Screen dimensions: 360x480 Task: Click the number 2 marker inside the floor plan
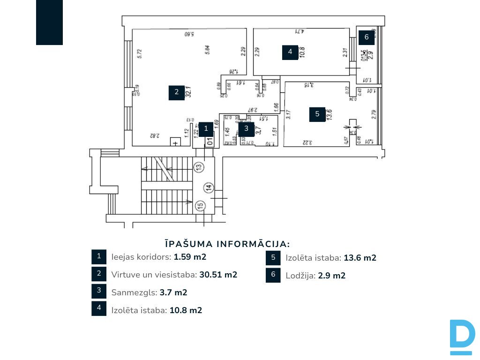[x=177, y=92]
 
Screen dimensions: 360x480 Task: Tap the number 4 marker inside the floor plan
[x=290, y=52]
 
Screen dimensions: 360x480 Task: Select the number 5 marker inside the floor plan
[x=317, y=114]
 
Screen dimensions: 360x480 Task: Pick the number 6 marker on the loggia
[x=367, y=37]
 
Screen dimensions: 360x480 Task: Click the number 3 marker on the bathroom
[x=246, y=127]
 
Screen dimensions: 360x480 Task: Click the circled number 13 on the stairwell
[x=199, y=166]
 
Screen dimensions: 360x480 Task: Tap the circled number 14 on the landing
[x=209, y=187]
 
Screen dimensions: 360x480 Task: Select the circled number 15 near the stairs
[x=200, y=205]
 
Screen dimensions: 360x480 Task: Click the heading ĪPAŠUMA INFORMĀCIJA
[x=227, y=244]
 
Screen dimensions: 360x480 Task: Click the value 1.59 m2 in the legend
[x=190, y=257]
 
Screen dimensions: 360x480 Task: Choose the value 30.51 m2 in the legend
[x=218, y=275]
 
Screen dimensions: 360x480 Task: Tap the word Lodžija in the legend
[x=300, y=276]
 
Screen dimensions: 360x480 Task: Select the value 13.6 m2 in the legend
[x=360, y=258]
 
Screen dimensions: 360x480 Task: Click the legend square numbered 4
[x=99, y=308]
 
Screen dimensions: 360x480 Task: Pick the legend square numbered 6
[x=273, y=275]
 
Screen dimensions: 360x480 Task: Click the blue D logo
[x=462, y=337]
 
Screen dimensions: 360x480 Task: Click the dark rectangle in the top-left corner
[x=49, y=22]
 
